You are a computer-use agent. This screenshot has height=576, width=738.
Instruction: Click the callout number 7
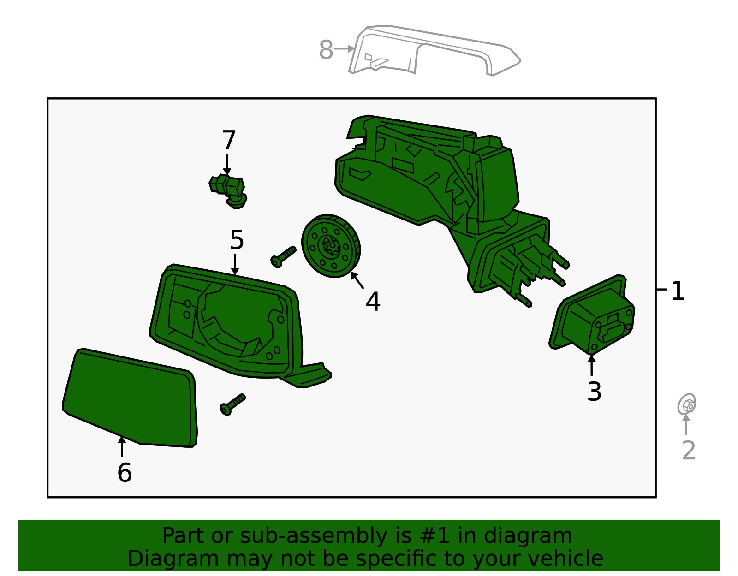(229, 140)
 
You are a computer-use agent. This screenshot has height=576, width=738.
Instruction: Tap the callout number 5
(237, 240)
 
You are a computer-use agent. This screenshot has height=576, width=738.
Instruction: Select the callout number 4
(373, 302)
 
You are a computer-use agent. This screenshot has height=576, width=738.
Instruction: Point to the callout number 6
(125, 473)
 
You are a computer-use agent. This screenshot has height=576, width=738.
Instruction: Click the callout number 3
(594, 392)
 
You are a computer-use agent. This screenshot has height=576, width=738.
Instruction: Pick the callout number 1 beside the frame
(677, 291)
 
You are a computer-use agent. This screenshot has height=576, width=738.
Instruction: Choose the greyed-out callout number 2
(688, 450)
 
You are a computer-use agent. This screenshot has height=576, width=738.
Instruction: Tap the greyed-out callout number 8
(326, 50)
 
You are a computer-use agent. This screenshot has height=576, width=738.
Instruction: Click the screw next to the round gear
(283, 256)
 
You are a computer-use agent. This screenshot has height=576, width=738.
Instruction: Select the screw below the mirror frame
(233, 404)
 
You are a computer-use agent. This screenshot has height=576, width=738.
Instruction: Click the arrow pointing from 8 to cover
(344, 48)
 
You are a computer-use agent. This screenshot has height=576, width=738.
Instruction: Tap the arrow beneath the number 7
(227, 165)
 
